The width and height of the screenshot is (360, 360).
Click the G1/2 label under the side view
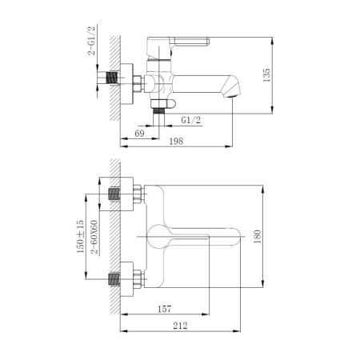190,120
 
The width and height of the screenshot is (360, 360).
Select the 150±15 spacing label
79,237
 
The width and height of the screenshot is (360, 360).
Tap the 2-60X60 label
94,237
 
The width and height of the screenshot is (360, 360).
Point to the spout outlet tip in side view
233,94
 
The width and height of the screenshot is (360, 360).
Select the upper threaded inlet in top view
117,194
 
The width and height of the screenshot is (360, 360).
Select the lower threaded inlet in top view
117,280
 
